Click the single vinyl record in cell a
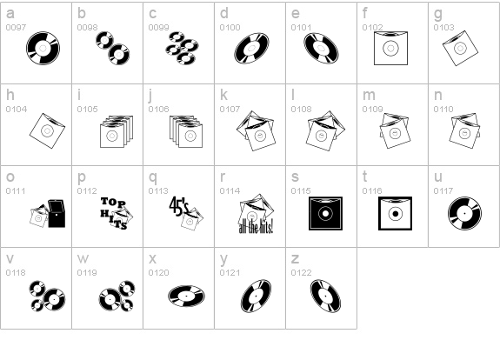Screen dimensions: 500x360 pyautogui.click(x=43, y=48)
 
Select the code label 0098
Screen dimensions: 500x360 pyautogui.click(x=87, y=28)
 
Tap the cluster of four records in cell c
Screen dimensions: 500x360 pyautogui.click(x=182, y=48)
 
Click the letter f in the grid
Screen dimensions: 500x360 pyautogui.click(x=365, y=13)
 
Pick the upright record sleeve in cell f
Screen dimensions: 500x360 pyautogui.click(x=390, y=48)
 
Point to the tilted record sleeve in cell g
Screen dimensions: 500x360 pyautogui.click(x=460, y=48)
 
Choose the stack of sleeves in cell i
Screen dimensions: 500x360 pyautogui.click(x=117, y=131)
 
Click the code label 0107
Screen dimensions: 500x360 pyautogui.click(x=230, y=109)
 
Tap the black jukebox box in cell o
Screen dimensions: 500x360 pyautogui.click(x=57, y=213)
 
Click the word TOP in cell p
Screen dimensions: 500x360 pyautogui.click(x=113, y=202)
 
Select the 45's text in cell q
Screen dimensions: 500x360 pyautogui.click(x=179, y=206)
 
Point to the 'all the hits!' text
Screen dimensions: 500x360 pyautogui.click(x=256, y=227)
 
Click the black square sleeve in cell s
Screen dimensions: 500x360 pyautogui.click(x=325, y=213)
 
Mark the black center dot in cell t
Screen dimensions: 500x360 pyautogui.click(x=396, y=214)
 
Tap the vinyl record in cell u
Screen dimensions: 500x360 pyautogui.click(x=464, y=213)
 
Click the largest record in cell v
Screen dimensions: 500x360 pyautogui.click(x=54, y=299)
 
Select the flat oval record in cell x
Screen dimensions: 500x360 pyautogui.click(x=187, y=297)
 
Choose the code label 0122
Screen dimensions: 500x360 pyautogui.click(x=302, y=273)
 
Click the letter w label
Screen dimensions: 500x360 pyautogui.click(x=83, y=258)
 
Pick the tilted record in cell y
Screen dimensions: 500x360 pyautogui.click(x=256, y=297)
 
